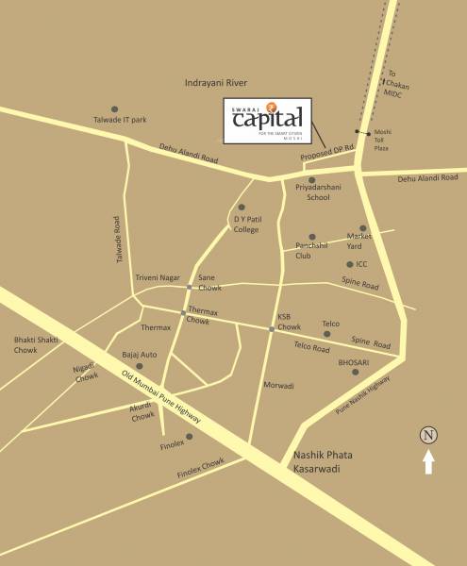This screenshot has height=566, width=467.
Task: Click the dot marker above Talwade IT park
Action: tap(115, 109)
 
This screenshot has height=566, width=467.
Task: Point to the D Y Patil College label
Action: tap(245, 225)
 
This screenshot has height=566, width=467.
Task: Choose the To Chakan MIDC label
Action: tap(395, 85)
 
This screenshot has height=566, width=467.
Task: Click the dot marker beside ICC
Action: tap(349, 265)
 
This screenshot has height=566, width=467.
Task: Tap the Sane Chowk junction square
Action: tap(190, 287)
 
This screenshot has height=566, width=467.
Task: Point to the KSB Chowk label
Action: tap(288, 321)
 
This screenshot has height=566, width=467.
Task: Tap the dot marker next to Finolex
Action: tap(190, 437)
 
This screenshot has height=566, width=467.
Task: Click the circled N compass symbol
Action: tap(429, 435)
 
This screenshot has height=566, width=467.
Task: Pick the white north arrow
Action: tap(429, 461)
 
